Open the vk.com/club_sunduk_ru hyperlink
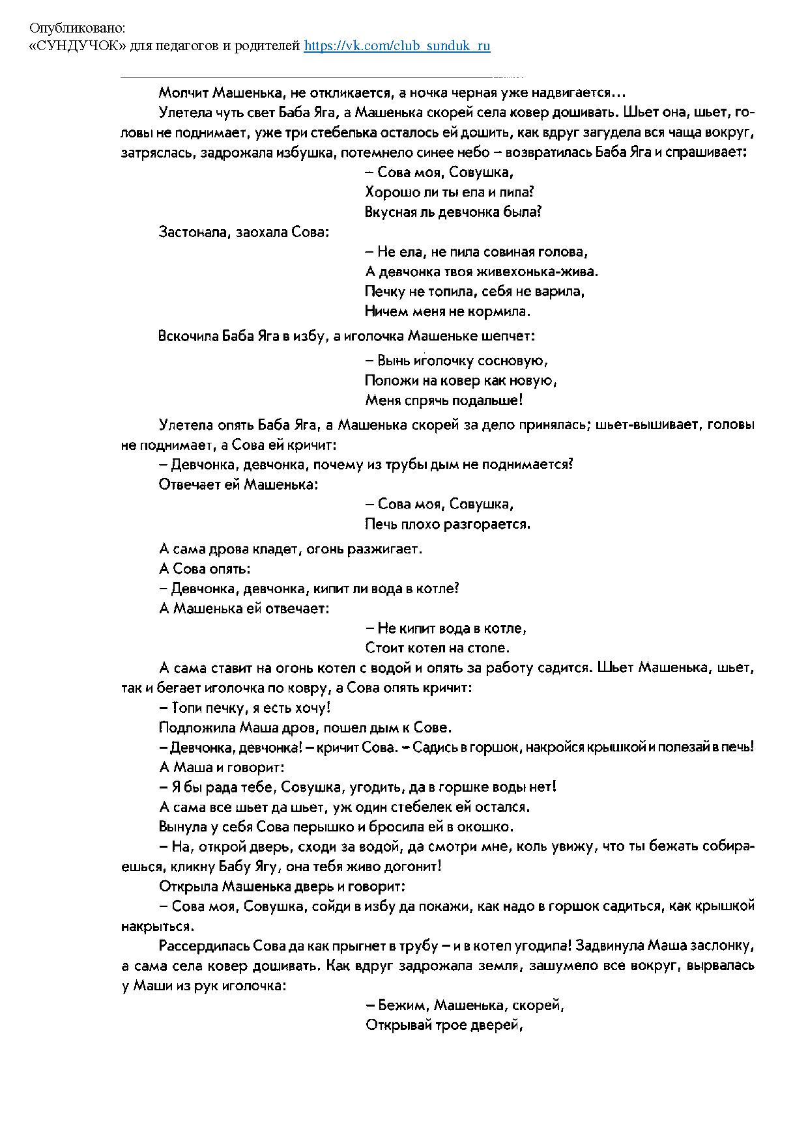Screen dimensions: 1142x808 pyautogui.click(x=397, y=46)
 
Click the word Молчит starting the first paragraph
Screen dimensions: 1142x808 pyautogui.click(x=184, y=92)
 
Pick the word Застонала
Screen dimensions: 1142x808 pyautogui.click(x=193, y=232)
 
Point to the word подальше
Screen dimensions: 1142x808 pyautogui.click(x=489, y=400)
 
